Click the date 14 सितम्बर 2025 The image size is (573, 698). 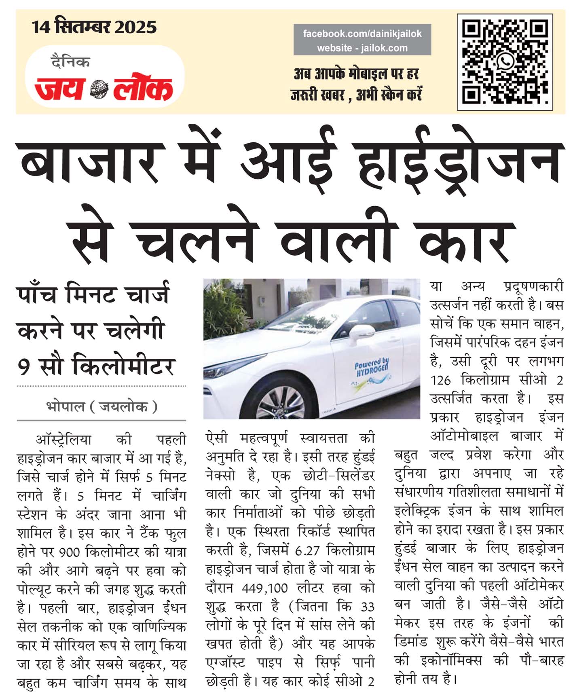pyautogui.click(x=94, y=27)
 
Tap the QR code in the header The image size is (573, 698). pyautogui.click(x=505, y=62)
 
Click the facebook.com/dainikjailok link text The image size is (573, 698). pyautogui.click(x=362, y=34)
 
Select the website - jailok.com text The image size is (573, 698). pyautogui.click(x=362, y=48)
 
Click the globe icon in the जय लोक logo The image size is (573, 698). pyautogui.click(x=99, y=89)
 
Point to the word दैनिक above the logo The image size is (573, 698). pyautogui.click(x=70, y=62)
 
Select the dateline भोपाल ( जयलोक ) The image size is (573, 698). pyautogui.click(x=101, y=406)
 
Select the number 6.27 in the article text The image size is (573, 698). pyautogui.click(x=307, y=551)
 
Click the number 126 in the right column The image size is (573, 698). pyautogui.click(x=440, y=381)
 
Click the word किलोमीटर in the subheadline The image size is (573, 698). pyautogui.click(x=123, y=366)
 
